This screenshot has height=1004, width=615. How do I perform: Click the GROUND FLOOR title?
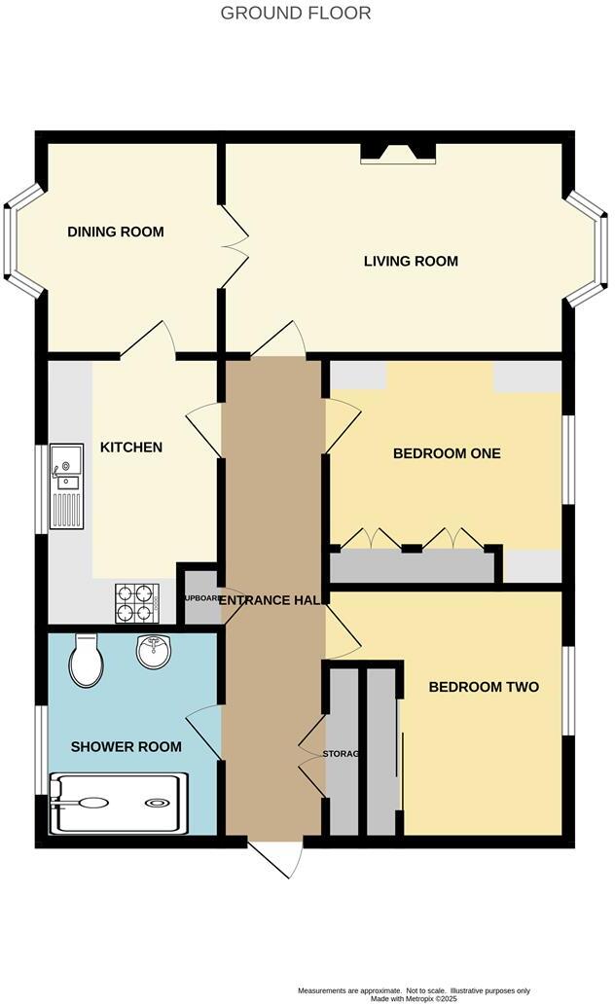(x=296, y=13)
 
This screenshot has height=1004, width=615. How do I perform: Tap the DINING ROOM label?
(x=115, y=232)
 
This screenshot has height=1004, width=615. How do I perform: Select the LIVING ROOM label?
(x=411, y=261)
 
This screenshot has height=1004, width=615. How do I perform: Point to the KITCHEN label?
(x=131, y=448)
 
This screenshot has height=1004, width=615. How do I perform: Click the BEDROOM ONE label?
(x=447, y=452)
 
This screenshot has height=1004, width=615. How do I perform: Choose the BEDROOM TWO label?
(x=484, y=687)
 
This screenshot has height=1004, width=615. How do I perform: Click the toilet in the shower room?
(x=84, y=661)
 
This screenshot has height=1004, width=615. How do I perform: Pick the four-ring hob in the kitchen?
(x=137, y=602)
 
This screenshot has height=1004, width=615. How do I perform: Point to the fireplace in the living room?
(x=398, y=152)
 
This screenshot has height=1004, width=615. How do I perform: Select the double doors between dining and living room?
(x=235, y=247)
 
